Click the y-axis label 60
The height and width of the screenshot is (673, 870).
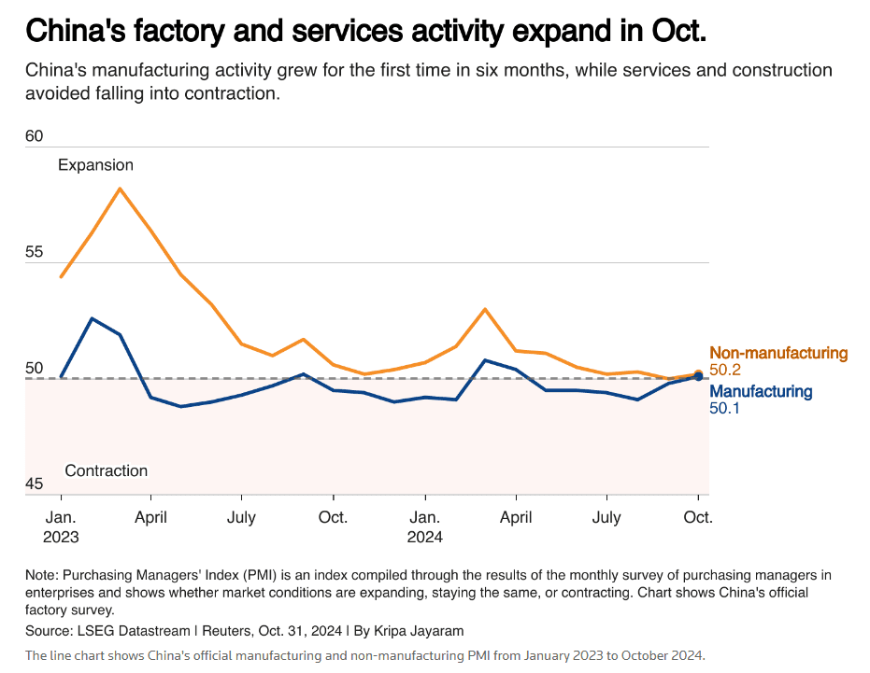click(x=35, y=136)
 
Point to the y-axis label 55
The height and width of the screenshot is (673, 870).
click(x=35, y=252)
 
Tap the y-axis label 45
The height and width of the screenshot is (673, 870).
click(x=35, y=484)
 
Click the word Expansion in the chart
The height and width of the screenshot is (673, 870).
click(x=95, y=165)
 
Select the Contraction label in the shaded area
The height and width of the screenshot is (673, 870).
click(x=107, y=470)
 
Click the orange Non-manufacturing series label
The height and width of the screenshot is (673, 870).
click(x=778, y=354)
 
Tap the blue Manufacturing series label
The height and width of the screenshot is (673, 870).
click(x=762, y=391)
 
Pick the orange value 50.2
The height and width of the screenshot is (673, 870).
click(x=725, y=371)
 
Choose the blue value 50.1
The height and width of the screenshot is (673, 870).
click(x=725, y=408)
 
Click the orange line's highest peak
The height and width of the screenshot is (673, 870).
click(x=120, y=189)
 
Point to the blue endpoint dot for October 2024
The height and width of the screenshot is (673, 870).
click(x=698, y=376)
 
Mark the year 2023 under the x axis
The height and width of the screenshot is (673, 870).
click(x=61, y=537)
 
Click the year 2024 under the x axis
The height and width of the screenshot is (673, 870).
click(x=424, y=537)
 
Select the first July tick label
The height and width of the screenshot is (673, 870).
click(x=242, y=517)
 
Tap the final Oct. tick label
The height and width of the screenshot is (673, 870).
click(x=698, y=517)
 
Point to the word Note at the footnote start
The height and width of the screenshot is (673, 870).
click(x=41, y=575)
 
